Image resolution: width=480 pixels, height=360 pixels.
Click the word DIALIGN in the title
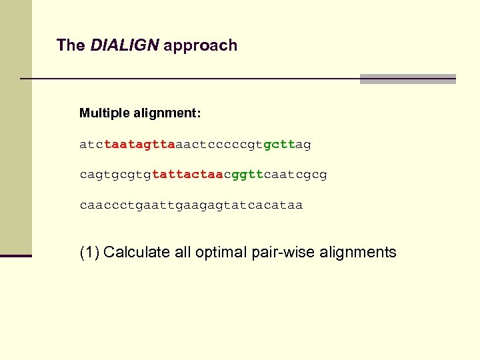point(125,45)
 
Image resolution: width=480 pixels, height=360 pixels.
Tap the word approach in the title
point(200,46)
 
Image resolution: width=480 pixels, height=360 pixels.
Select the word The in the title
point(71,45)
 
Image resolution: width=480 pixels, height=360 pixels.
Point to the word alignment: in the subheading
point(169,113)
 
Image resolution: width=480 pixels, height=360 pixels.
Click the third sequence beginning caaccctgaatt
point(191,205)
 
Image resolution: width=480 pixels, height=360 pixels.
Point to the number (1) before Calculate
point(89,253)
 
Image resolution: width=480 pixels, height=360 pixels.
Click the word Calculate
point(136,253)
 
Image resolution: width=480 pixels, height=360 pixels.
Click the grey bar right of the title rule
point(407,79)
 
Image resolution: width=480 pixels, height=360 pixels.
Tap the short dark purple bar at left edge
point(16,255)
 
